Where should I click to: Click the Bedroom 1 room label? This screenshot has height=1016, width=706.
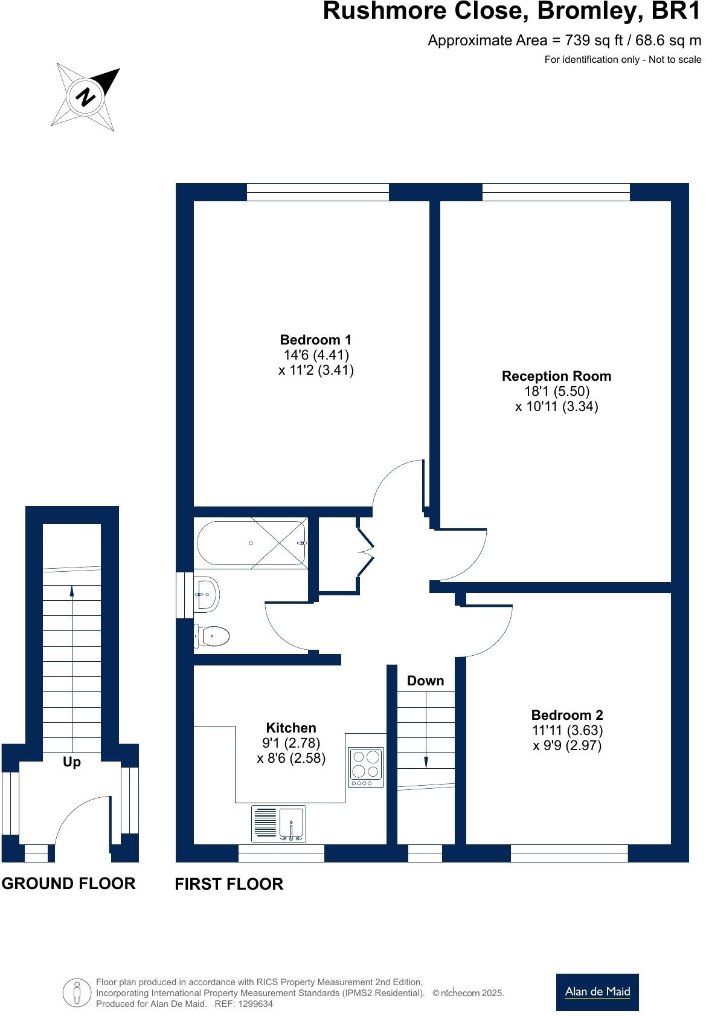pyautogui.click(x=315, y=340)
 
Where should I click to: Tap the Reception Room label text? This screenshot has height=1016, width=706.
pyautogui.click(x=556, y=376)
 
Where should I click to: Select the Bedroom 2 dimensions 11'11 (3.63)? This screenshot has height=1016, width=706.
pyautogui.click(x=567, y=730)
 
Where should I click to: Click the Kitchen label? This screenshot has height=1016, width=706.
pyautogui.click(x=291, y=728)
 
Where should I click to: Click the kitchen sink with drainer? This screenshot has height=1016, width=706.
pyautogui.click(x=279, y=824)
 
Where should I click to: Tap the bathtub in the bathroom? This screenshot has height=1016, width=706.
pyautogui.click(x=251, y=543)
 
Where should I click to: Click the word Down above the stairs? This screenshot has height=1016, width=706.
pyautogui.click(x=425, y=681)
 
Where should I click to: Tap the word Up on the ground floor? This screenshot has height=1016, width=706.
pyautogui.click(x=71, y=762)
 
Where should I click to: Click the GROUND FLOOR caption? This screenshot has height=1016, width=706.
pyautogui.click(x=68, y=884)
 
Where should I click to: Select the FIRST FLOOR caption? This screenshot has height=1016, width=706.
pyautogui.click(x=229, y=884)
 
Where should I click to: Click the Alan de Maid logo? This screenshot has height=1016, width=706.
pyautogui.click(x=597, y=992)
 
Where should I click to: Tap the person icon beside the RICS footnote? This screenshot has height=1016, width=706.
pyautogui.click(x=77, y=992)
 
